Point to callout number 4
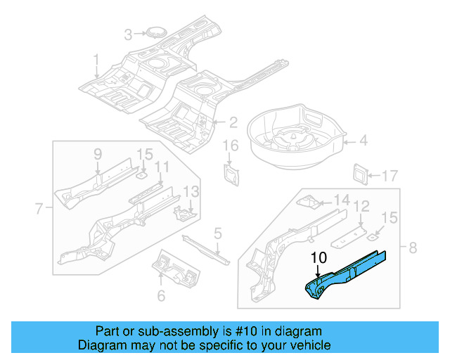(x=363, y=141)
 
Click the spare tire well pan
(x=295, y=134)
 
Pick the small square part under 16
(x=231, y=174)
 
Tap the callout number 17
(x=390, y=175)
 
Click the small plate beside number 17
(x=361, y=173)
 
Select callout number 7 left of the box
(x=39, y=207)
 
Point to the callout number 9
(x=98, y=154)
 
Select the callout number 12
(x=361, y=206)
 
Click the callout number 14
(x=340, y=200)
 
